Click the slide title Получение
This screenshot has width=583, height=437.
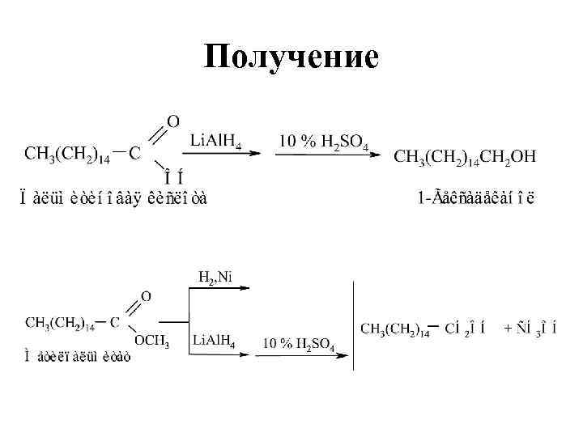291,57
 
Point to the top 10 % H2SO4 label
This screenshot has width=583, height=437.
324,142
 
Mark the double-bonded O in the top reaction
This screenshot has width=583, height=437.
172,121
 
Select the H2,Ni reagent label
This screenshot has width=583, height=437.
215,278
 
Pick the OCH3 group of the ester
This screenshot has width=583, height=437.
151,342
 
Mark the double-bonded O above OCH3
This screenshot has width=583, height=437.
146,297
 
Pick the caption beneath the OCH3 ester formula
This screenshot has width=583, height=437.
78,356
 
